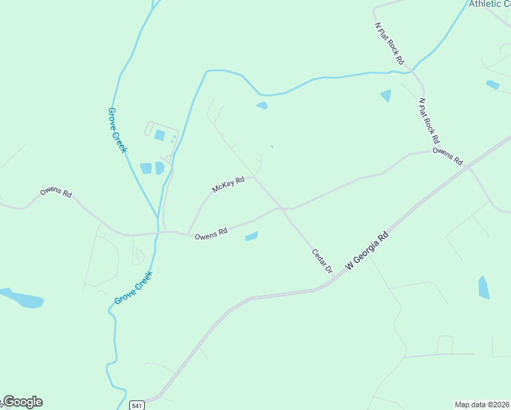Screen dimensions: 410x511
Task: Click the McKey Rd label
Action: [x=228, y=184]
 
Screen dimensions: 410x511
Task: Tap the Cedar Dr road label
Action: [x=321, y=260]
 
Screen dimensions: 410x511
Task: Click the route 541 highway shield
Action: [x=137, y=405]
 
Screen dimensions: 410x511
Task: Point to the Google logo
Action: [x=22, y=402]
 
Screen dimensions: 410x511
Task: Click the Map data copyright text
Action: [x=482, y=405]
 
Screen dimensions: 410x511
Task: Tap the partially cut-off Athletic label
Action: [x=488, y=4]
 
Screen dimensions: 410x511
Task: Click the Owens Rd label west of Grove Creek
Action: [x=55, y=192]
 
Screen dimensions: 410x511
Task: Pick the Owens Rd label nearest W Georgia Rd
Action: [x=448, y=156]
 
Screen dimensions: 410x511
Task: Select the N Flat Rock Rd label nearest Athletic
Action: [x=389, y=43]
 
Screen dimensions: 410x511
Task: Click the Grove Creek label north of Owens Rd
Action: [x=118, y=130]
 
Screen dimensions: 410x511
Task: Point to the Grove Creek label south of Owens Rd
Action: [x=133, y=288]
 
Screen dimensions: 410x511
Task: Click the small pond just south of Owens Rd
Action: [x=251, y=236]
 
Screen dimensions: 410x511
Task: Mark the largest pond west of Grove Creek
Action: [x=22, y=298]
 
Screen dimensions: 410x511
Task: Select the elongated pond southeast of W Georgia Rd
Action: [x=484, y=288]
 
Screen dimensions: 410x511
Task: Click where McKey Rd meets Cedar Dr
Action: [x=255, y=178]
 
